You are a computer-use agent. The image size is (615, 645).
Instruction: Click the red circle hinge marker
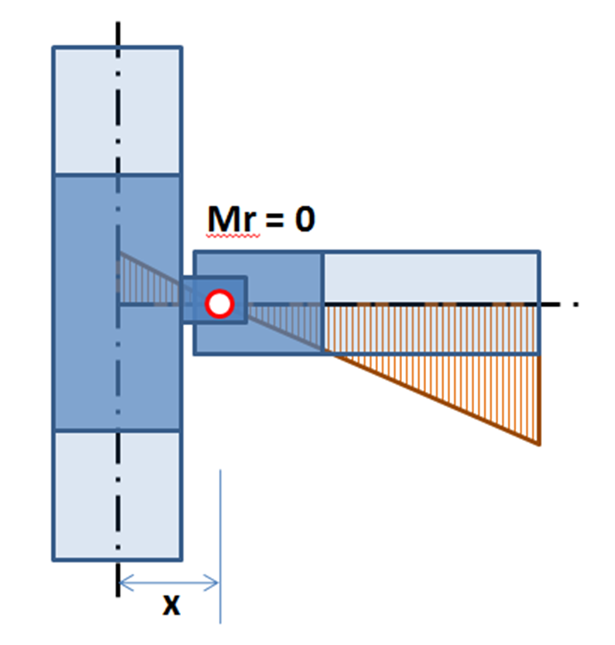[219, 304]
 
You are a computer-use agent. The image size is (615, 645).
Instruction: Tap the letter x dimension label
[170, 606]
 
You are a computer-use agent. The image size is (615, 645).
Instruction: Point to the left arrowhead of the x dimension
[123, 584]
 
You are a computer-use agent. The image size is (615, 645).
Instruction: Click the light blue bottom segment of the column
[117, 495]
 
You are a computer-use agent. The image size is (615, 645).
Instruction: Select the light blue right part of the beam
[430, 278]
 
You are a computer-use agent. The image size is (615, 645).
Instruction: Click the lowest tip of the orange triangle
[539, 443]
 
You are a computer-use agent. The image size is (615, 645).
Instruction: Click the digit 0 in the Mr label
[304, 218]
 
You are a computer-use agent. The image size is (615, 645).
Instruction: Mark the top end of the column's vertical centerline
[117, 20]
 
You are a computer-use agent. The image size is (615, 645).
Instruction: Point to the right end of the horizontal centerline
[578, 304]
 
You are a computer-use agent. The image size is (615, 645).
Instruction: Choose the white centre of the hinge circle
[219, 304]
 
